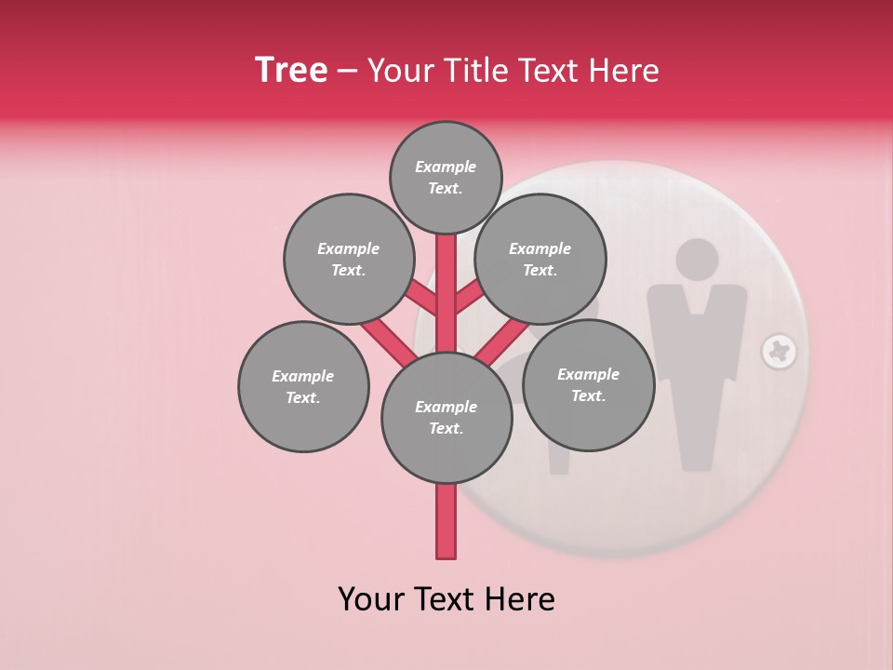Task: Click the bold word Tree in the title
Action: (x=291, y=71)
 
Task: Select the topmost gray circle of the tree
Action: (x=446, y=178)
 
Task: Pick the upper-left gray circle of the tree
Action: (x=349, y=260)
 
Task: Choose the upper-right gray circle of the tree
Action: (x=540, y=260)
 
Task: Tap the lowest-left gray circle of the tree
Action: (x=303, y=387)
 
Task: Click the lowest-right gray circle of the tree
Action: (x=588, y=385)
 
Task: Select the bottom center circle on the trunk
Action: (x=446, y=418)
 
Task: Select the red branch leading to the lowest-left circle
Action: (x=386, y=341)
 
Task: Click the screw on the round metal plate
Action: (x=779, y=352)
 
